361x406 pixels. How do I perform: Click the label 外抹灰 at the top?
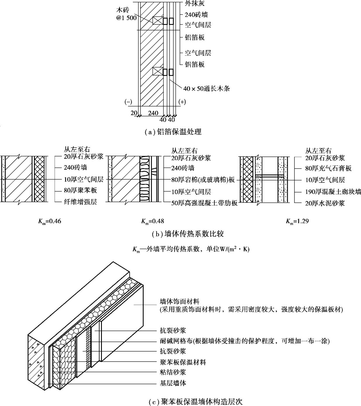click(x=194, y=4)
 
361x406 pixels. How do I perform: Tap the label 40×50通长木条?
click(x=206, y=88)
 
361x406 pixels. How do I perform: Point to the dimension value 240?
click(x=153, y=113)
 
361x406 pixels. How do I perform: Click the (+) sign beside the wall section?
click(x=182, y=102)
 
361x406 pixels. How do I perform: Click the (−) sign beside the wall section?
click(x=128, y=102)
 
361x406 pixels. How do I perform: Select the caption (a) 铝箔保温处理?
click(x=173, y=132)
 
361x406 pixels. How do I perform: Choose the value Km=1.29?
click(x=297, y=221)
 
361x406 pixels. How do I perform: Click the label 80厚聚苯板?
click(x=80, y=190)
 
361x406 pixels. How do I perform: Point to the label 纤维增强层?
click(x=80, y=202)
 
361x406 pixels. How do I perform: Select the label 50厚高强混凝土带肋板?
click(x=204, y=203)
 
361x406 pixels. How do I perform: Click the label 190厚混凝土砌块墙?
click(x=333, y=192)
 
